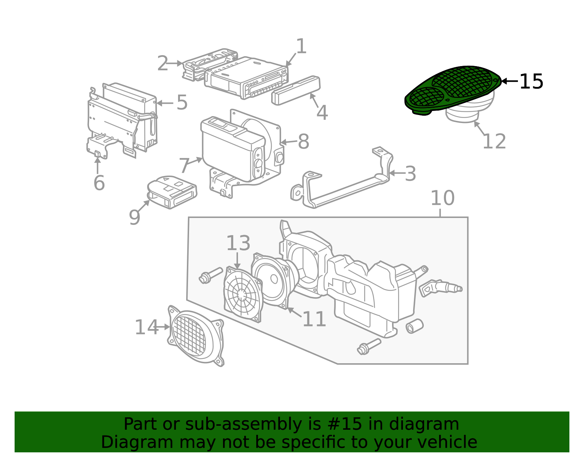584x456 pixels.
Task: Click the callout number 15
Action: [x=531, y=81]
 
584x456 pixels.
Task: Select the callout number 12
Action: [x=494, y=141]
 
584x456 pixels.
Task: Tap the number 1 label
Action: [x=301, y=46]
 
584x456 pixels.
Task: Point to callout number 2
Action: [x=163, y=64]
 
